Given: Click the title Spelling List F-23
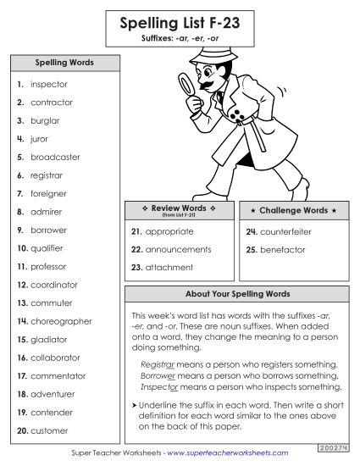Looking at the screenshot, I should pos(180,25).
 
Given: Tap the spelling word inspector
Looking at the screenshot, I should pos(49,85).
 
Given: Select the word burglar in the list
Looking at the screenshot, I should pos(46,120).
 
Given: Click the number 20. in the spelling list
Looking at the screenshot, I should pos(20,430).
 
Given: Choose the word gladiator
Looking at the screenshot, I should pos(49,339).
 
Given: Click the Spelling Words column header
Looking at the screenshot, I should pos(64,63).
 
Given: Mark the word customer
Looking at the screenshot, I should pos(49,430).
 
